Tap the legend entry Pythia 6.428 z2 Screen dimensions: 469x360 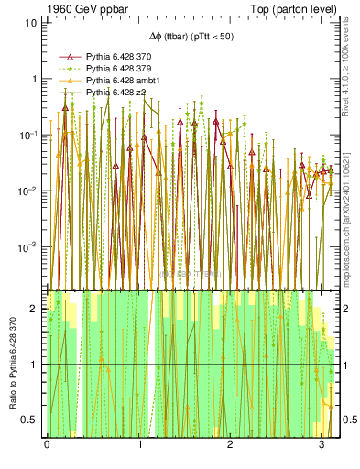[x=119, y=93]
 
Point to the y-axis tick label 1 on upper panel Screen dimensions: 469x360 [x=34, y=79]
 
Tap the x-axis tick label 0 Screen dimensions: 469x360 [x=47, y=443]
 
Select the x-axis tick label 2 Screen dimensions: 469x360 [x=230, y=443]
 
